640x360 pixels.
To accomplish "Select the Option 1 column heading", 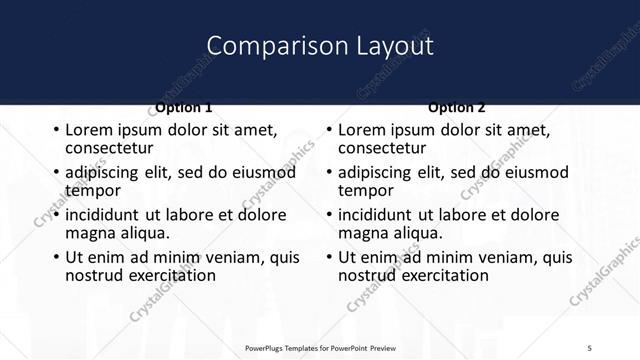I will pos(184,107).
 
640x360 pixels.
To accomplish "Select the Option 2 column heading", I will pos(457,107).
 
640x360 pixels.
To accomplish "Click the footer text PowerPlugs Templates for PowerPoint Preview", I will pos(320,348).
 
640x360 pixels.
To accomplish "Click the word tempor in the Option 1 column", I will pos(93,190).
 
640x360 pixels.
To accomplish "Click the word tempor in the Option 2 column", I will pos(366,190).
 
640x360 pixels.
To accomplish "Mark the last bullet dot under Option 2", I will pos(329,257).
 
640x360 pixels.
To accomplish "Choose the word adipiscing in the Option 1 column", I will pos(105,173).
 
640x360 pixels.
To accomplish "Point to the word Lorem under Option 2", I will pos(363,130).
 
